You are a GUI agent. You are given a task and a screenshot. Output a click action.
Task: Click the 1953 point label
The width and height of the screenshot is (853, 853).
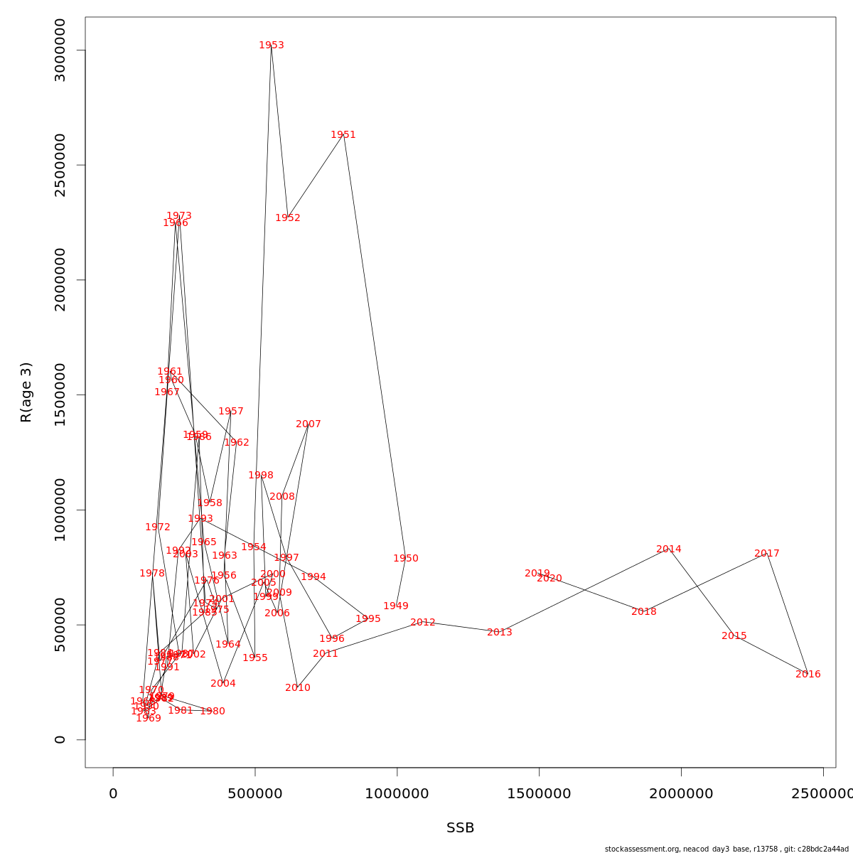tap(272, 45)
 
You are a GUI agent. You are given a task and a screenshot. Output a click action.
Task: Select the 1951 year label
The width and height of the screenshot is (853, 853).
tap(343, 135)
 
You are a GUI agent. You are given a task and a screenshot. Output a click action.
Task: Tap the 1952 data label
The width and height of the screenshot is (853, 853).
tap(288, 218)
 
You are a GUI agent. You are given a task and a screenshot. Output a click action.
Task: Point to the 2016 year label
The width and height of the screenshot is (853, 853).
tap(808, 675)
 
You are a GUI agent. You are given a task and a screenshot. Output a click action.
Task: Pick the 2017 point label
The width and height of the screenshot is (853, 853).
tap(767, 554)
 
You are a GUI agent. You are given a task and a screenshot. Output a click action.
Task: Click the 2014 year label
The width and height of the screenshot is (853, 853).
tap(669, 549)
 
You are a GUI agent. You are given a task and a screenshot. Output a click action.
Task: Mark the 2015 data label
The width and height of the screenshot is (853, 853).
tap(734, 636)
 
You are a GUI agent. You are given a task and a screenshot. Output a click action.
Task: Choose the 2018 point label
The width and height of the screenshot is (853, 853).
tap(644, 612)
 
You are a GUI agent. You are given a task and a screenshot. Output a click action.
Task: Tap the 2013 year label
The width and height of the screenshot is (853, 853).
tap(500, 633)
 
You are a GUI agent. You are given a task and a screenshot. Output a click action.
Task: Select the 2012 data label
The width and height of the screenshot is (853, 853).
tap(423, 623)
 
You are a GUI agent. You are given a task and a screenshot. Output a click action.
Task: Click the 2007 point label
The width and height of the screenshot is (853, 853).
tap(309, 424)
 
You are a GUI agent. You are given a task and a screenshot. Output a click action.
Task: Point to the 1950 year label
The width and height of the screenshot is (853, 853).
tap(406, 559)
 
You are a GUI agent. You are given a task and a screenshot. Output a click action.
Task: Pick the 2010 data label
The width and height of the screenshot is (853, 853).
tap(298, 688)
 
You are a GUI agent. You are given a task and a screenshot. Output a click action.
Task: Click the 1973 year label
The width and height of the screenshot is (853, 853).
tap(179, 216)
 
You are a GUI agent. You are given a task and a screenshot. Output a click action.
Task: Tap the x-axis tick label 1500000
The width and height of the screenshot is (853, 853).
tap(539, 794)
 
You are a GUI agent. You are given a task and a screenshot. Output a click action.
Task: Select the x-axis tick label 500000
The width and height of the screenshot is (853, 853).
tap(254, 794)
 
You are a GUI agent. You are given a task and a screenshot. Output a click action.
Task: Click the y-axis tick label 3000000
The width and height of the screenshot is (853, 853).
tap(60, 50)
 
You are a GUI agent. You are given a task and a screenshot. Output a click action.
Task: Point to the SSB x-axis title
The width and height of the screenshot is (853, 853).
tap(461, 828)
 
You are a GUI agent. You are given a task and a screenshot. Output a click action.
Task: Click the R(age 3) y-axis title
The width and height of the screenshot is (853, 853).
tap(26, 392)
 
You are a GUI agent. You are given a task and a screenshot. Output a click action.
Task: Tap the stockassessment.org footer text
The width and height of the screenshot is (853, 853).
tap(726, 849)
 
